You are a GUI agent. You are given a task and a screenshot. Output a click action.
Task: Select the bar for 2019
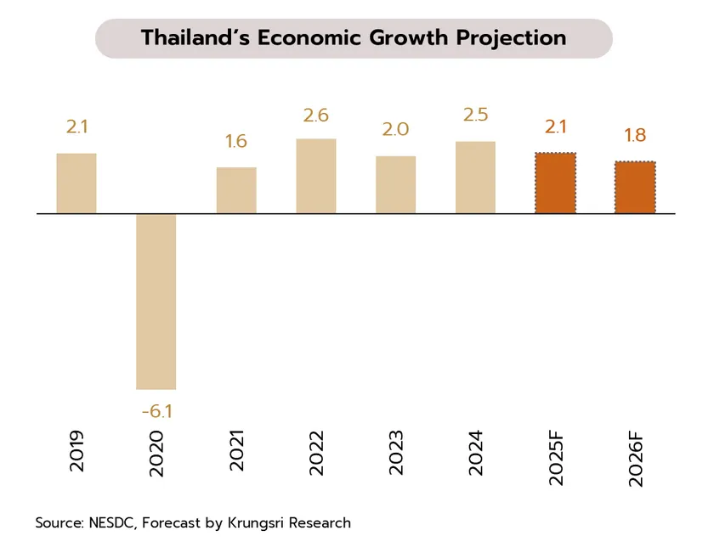[76, 183]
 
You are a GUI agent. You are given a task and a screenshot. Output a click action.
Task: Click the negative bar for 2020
[156, 302]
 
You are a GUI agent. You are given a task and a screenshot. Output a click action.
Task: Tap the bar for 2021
[236, 190]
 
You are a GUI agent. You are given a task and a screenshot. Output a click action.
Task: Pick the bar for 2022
[316, 176]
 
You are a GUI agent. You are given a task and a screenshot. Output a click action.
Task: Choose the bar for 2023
[396, 185]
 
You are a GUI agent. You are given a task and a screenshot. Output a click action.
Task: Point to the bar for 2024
[476, 178]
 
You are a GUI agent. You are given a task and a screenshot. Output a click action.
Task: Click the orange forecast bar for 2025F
[556, 183]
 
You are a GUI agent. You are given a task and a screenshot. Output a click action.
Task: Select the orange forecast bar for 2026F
[636, 188]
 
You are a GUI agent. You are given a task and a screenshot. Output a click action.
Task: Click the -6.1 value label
[156, 412]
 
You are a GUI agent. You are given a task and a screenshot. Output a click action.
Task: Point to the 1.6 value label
[236, 141]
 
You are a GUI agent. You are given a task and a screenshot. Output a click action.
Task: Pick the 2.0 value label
[396, 130]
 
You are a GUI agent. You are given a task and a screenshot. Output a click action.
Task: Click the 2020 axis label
[156, 453]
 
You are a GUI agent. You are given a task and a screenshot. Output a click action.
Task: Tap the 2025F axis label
[557, 457]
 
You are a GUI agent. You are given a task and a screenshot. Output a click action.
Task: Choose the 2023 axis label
[397, 453]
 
